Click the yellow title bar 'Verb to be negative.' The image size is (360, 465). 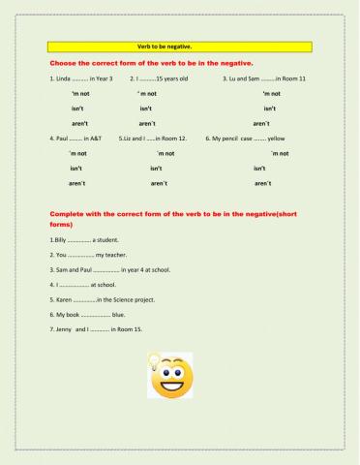(x=181, y=45)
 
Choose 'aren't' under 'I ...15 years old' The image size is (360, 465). (x=147, y=124)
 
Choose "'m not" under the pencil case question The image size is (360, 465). (x=280, y=153)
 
